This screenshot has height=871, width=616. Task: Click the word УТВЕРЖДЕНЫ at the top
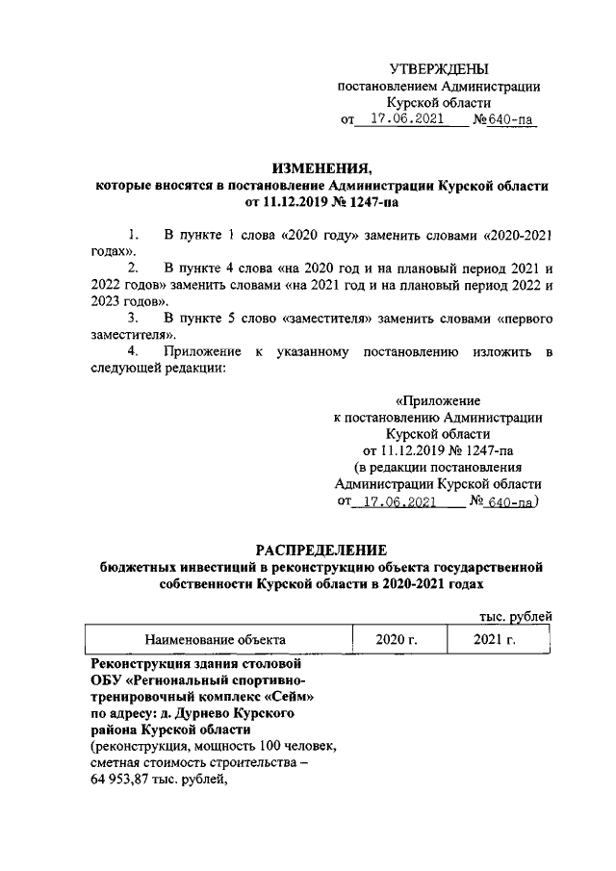[x=438, y=68]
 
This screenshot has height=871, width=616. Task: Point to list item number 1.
[x=133, y=234]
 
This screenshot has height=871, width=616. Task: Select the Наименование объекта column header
[x=215, y=639]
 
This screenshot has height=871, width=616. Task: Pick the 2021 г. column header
[x=496, y=639]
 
